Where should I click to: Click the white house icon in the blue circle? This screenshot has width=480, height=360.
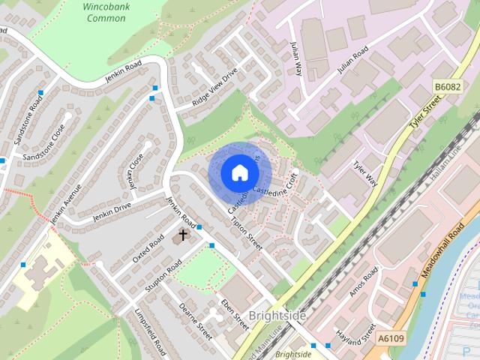pos(238,172)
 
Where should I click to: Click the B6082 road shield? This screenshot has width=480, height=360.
pos(448,88)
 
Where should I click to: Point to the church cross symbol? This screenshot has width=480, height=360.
pos(182,235)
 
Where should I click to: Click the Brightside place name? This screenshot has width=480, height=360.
pos(277,316)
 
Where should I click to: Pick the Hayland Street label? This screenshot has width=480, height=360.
pos(355,331)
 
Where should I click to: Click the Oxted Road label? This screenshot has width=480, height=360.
pos(148,248)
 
